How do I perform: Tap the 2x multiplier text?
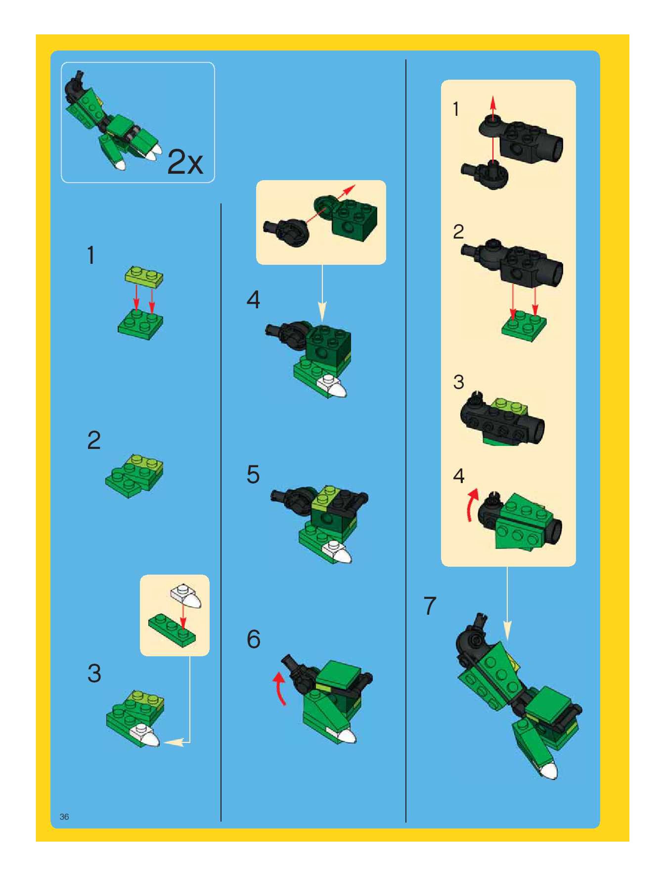coord(185,162)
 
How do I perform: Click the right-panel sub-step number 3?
coord(459,382)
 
